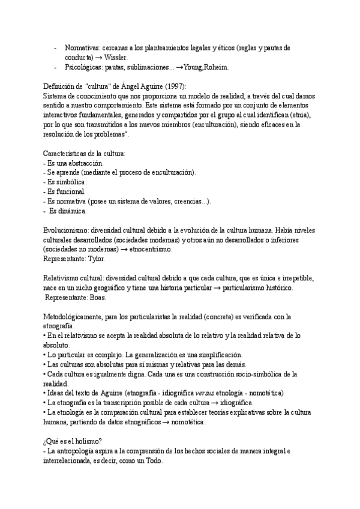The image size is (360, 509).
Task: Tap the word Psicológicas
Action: click(x=82, y=68)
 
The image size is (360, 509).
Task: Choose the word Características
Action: click(x=69, y=154)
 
